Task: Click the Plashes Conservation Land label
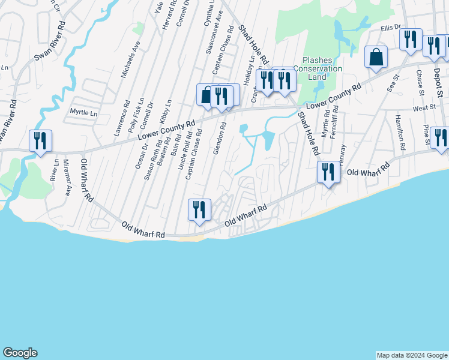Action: point(322,68)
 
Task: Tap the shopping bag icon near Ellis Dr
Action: point(376,58)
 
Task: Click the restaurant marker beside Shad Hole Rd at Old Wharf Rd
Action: point(328,173)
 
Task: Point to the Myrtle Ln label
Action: point(83,112)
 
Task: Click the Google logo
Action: point(20,353)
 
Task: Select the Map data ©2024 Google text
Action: point(412,355)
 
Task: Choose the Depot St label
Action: point(439,85)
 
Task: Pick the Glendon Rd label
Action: point(219,138)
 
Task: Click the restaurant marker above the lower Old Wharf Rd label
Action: point(197,209)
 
